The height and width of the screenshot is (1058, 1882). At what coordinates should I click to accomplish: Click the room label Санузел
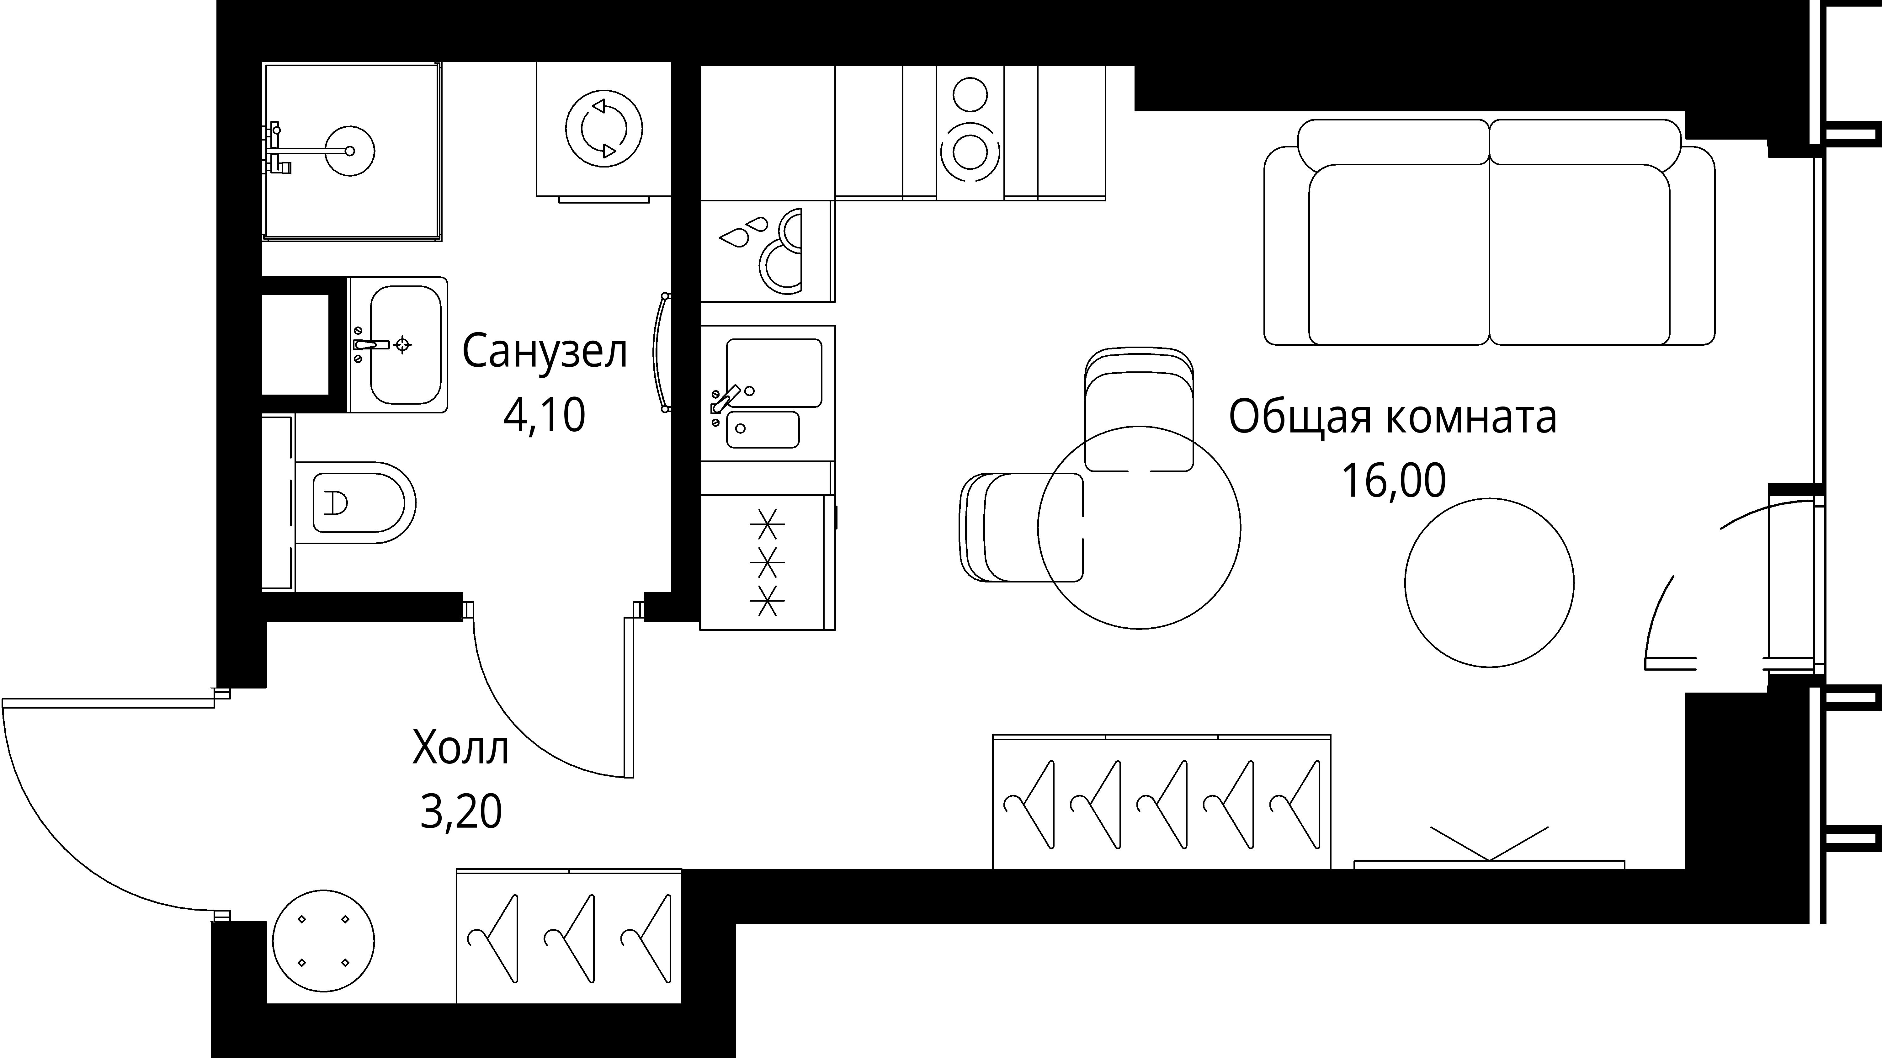544,352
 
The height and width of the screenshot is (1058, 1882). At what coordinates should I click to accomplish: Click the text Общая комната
1392,417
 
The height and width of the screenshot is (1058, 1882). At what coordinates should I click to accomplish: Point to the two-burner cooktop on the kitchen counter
970,131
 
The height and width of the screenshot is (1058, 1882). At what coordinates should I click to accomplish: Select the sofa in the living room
1489,234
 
